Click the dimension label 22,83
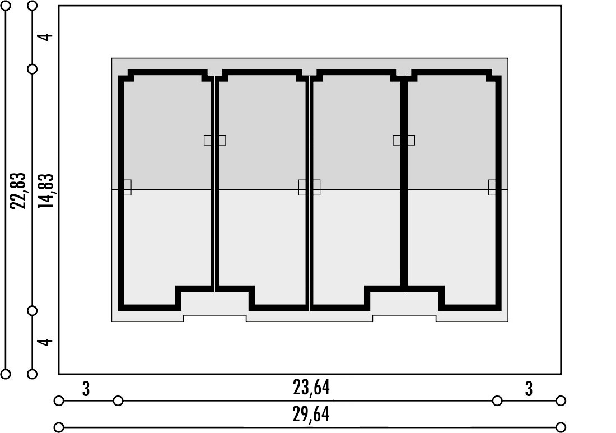point(18,190)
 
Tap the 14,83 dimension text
point(45,190)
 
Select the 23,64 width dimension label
point(311,388)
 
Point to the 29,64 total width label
point(311,415)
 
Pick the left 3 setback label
point(86,389)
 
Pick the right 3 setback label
point(529,389)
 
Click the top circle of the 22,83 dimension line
point(6,6)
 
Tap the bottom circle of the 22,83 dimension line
point(6,374)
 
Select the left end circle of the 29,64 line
point(59,427)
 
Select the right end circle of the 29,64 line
point(561,427)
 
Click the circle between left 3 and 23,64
point(118,401)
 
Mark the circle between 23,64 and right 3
point(497,401)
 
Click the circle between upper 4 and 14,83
point(32,69)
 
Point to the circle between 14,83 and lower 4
point(32,311)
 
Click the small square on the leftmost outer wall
point(127,188)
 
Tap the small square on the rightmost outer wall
point(492,188)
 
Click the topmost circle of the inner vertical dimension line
point(32,6)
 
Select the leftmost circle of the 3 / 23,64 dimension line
point(59,401)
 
